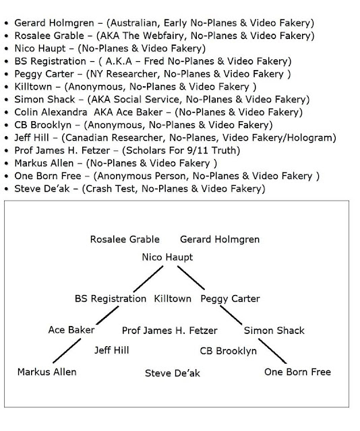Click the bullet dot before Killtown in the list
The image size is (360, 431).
[7, 87]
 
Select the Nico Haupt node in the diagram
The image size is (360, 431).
[167, 257]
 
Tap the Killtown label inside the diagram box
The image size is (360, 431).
[173, 299]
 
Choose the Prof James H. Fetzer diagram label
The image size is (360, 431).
[169, 331]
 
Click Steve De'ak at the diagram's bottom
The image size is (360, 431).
[173, 373]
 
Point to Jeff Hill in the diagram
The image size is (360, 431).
[112, 350]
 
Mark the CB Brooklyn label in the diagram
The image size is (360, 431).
[228, 351]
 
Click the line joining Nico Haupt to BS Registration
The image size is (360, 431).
[148, 279]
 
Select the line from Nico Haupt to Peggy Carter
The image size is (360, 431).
[191, 277]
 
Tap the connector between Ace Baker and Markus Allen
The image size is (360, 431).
[67, 351]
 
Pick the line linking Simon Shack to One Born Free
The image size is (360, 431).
[272, 351]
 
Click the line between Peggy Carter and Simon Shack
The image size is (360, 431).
[231, 315]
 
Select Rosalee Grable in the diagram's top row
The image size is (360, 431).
[125, 240]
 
